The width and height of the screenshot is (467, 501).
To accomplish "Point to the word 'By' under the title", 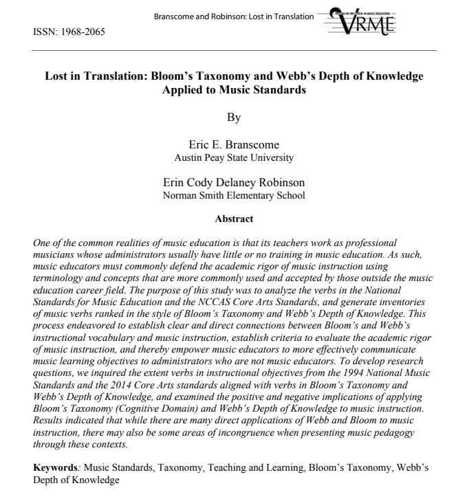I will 234,118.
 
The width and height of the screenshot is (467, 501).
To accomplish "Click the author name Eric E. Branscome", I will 234,146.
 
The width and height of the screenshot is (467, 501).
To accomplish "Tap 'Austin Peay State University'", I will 234,158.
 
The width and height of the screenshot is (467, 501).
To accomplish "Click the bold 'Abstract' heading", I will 234,219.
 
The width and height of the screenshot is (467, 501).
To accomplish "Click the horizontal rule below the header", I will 234,51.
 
